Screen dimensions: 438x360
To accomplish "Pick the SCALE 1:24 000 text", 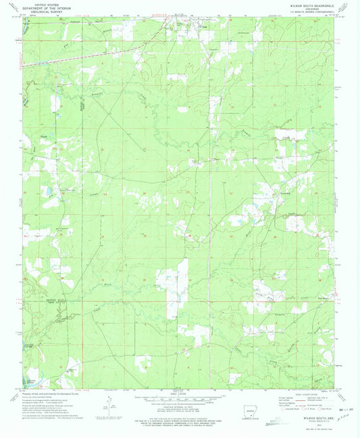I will (x=179, y=393).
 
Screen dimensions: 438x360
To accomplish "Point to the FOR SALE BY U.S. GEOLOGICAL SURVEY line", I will (x=179, y=414).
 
